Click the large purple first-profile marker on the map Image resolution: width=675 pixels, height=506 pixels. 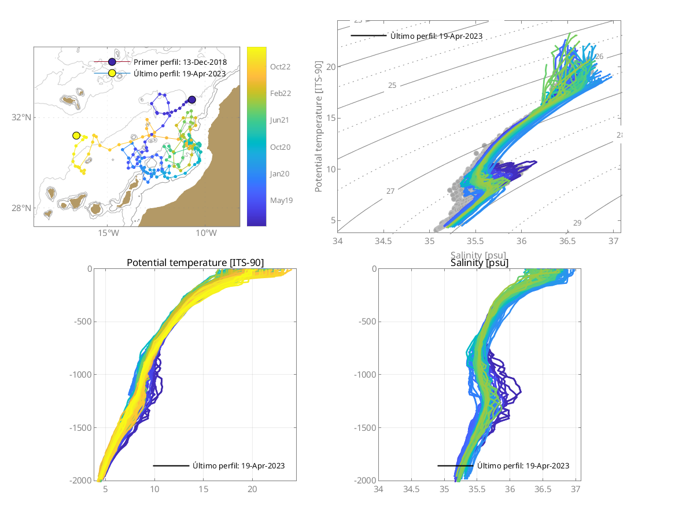point(191,100)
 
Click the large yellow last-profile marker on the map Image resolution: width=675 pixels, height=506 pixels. point(76,135)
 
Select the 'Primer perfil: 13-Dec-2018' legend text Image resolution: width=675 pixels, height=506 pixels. point(180,62)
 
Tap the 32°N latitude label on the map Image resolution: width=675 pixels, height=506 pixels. point(21,117)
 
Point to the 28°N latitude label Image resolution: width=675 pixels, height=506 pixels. point(21,208)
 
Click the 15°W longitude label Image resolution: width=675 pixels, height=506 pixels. point(108,234)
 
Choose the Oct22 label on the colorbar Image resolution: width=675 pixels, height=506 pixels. point(281,67)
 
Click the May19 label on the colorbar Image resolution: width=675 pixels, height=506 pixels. point(281,200)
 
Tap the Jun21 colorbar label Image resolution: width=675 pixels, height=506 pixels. point(281,120)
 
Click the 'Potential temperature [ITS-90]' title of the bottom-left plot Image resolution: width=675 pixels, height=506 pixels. point(195,263)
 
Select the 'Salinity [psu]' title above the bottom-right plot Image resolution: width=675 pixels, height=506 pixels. point(479,263)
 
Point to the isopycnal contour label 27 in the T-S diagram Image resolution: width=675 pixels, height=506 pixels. point(390,191)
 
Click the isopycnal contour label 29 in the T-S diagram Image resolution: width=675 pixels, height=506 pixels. point(577,223)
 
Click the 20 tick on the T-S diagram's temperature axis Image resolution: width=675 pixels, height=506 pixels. point(331,67)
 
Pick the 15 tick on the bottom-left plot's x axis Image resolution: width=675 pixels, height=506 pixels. point(203,489)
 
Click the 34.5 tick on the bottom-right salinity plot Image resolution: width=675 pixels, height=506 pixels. point(411,489)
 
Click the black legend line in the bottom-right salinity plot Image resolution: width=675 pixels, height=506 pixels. point(455,466)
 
